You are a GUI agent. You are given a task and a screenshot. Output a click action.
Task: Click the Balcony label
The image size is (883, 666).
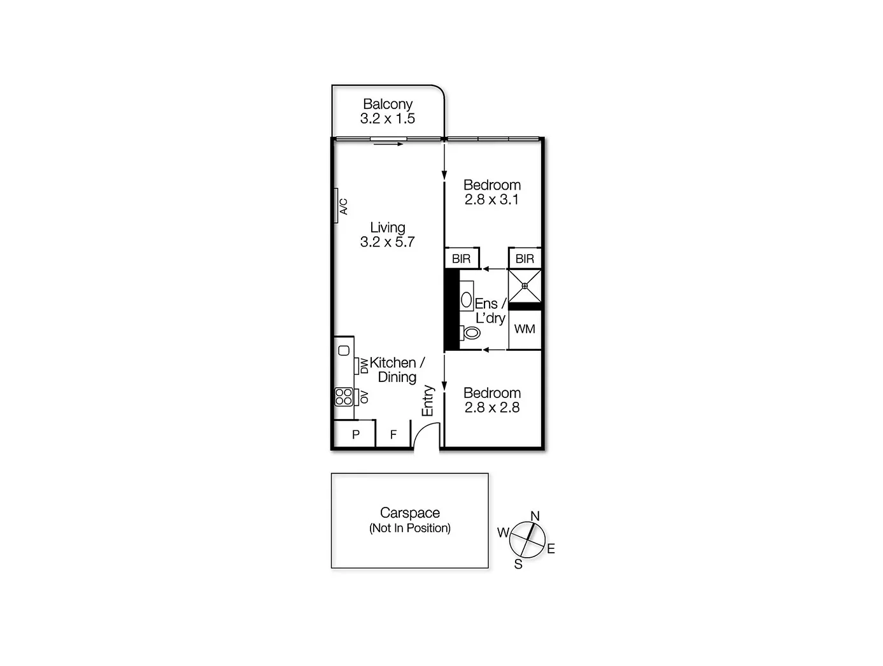388,104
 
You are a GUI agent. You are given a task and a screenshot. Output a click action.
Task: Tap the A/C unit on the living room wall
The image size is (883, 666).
336,206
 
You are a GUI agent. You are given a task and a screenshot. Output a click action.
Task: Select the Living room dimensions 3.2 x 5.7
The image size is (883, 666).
387,242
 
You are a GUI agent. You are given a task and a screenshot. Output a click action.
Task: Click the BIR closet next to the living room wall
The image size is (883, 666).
462,259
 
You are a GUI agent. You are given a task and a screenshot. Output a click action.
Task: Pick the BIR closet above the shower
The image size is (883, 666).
525,259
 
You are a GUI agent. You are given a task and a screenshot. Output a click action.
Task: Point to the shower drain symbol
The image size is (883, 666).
525,286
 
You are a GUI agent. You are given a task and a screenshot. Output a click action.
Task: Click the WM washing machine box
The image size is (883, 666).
525,329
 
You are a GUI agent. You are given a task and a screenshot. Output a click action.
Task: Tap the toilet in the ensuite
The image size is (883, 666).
470,332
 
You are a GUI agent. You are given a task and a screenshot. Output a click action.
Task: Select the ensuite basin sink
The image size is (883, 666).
467,300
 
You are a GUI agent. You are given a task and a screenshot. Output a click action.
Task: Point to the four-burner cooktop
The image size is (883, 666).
344,397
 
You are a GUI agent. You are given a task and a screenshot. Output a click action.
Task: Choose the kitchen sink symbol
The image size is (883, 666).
344,350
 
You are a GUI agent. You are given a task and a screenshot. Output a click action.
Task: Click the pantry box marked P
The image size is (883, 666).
356,434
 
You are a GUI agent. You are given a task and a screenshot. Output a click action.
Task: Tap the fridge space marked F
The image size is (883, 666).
393,434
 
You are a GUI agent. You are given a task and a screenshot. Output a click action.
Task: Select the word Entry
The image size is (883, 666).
428,401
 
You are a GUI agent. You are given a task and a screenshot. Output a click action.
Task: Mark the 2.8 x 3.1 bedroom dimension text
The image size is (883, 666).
491,199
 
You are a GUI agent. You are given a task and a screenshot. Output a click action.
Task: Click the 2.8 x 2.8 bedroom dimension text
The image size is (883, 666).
491,407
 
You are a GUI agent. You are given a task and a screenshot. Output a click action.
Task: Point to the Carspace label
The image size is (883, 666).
410,513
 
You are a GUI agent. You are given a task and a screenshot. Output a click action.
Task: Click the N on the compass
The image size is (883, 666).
535,516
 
